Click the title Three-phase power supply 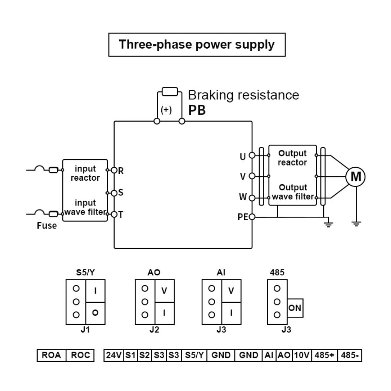(x=197, y=45)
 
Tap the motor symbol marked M (x=355, y=176)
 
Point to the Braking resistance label (x=243, y=95)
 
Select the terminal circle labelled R (x=114, y=170)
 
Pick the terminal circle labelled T (x=114, y=214)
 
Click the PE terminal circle (x=252, y=217)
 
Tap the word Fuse (x=46, y=226)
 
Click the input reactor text (x=85, y=173)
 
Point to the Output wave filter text (x=293, y=192)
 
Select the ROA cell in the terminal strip (x=51, y=355)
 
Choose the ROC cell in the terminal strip (x=80, y=355)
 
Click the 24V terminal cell (x=114, y=355)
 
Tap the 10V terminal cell (x=302, y=355)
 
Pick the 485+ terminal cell (x=325, y=355)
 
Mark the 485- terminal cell (x=350, y=355)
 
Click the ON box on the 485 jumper (x=295, y=308)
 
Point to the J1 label (x=85, y=329)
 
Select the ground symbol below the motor (x=356, y=224)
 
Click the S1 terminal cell (x=130, y=355)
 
